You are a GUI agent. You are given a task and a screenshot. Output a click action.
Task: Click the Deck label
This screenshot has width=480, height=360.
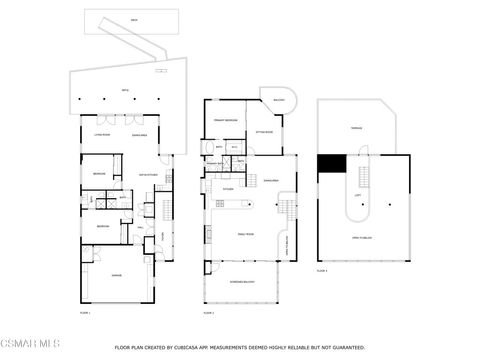click(x=133, y=20)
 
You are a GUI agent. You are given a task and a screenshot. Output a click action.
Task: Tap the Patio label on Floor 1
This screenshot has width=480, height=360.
click(x=125, y=89)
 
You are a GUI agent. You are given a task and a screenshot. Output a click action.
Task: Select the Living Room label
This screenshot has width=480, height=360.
click(x=101, y=133)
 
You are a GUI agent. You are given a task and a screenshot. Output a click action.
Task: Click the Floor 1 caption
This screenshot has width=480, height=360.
click(x=85, y=313)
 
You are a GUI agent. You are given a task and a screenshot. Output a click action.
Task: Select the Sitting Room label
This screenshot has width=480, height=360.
click(x=264, y=130)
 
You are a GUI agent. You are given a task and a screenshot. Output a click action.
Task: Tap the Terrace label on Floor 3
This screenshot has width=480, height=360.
click(x=355, y=129)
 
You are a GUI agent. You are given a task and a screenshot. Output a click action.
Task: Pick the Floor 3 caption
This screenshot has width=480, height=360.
click(x=322, y=270)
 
